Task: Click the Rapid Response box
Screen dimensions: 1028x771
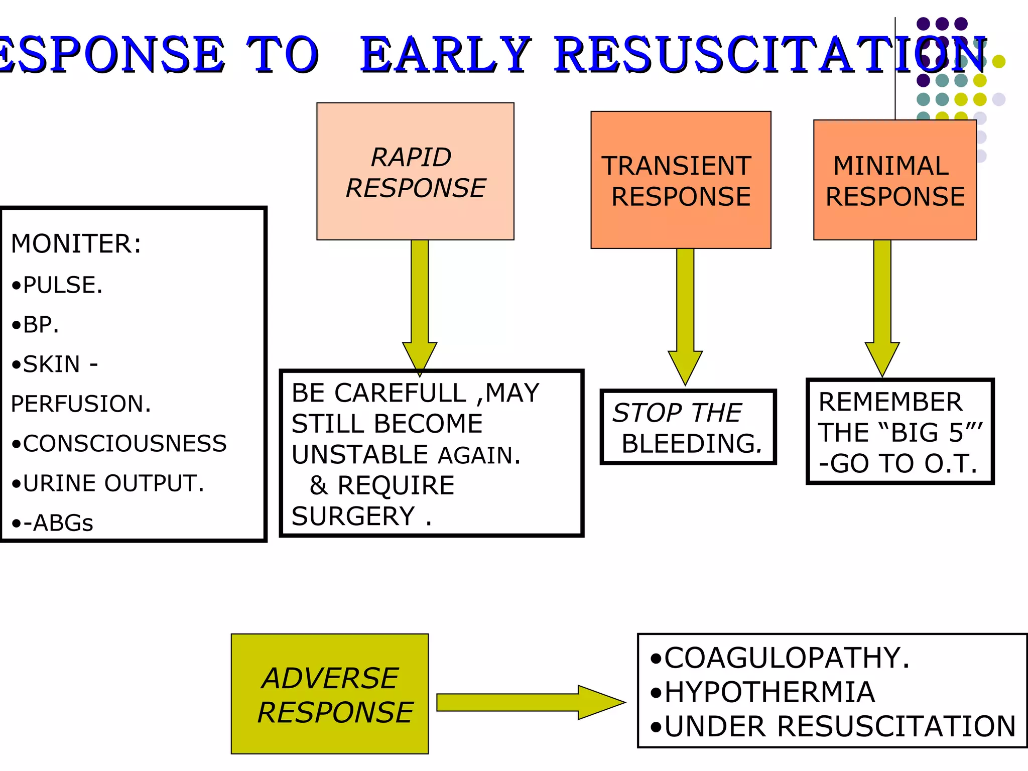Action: [x=415, y=171]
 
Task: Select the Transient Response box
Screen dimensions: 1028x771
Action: [x=681, y=180]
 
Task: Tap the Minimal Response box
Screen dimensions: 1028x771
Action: [x=895, y=180]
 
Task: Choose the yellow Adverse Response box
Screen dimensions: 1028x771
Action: [x=330, y=694]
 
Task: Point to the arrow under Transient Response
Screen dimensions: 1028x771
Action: [x=685, y=317]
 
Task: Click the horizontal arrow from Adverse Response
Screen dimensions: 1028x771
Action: [x=531, y=702]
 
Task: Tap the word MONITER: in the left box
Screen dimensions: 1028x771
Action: [x=76, y=244]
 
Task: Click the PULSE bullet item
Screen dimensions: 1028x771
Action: [x=57, y=285]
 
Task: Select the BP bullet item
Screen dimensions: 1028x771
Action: [x=35, y=325]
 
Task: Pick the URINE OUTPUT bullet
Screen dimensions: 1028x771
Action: [x=108, y=483]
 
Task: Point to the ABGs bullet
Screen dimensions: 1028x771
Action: [x=52, y=523]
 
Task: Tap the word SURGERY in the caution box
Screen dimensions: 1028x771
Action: [x=353, y=517]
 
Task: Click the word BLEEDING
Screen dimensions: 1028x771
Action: [x=692, y=444]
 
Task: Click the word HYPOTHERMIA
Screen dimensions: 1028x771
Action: [x=769, y=692]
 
